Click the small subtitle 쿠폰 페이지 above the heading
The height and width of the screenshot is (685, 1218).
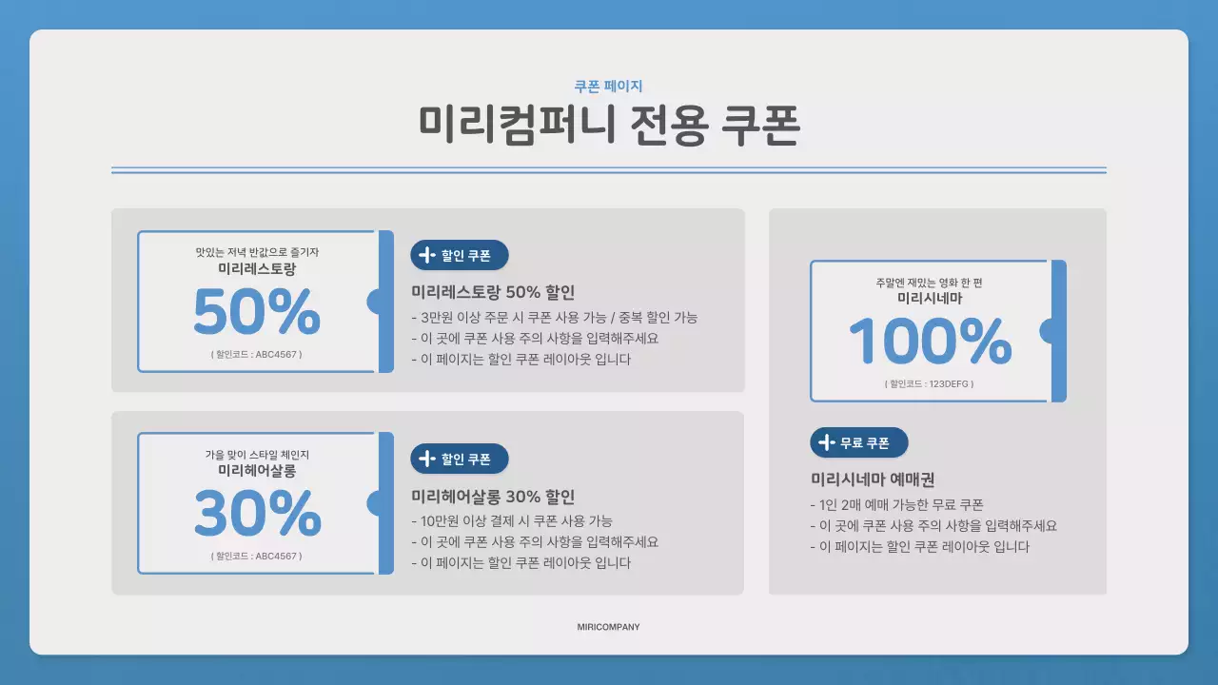[608, 86]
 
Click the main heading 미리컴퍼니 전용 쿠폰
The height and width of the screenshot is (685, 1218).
[608, 125]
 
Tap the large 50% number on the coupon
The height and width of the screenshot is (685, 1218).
[257, 312]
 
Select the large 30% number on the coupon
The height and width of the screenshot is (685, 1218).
[257, 514]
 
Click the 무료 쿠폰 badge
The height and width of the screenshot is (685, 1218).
[859, 442]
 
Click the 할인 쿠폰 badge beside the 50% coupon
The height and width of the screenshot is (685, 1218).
[460, 255]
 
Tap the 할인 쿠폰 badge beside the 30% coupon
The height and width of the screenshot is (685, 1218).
[460, 459]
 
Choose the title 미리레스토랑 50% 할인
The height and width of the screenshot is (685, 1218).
[493, 292]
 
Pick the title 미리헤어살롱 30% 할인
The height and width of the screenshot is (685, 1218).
[493, 497]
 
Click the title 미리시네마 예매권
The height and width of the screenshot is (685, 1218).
[873, 479]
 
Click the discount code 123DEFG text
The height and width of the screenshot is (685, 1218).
[929, 384]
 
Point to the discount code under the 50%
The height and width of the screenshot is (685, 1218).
[257, 354]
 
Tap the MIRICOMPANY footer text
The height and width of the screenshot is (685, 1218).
[608, 627]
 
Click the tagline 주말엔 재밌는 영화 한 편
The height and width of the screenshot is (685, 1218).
[929, 283]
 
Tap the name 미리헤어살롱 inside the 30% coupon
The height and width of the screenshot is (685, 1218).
[257, 470]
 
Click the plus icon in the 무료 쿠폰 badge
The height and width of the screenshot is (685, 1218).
[827, 442]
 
